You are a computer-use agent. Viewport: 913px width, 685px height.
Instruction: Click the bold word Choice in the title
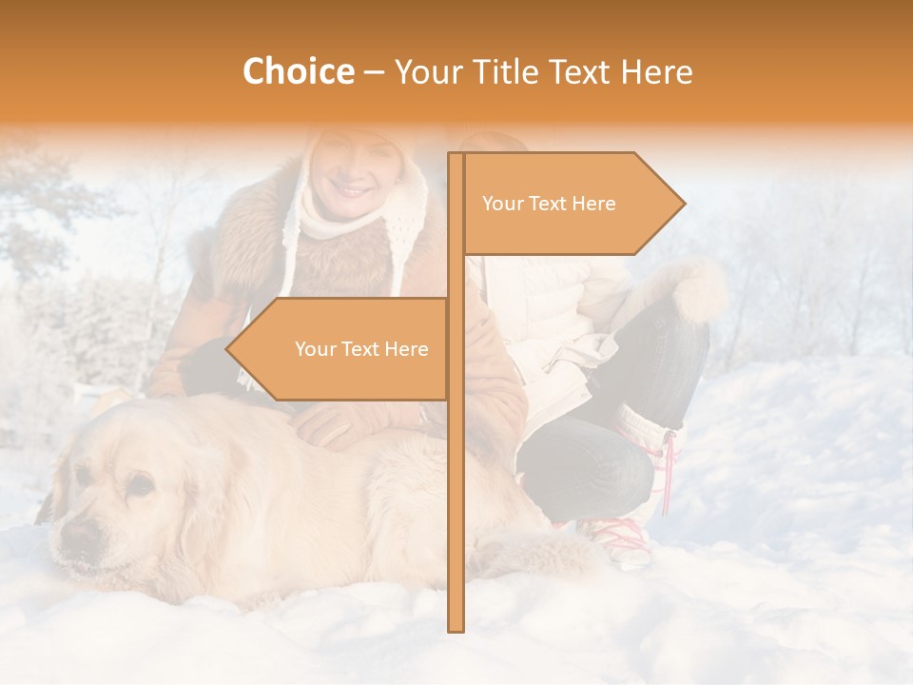point(298,72)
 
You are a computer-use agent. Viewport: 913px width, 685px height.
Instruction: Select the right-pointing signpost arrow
point(571,204)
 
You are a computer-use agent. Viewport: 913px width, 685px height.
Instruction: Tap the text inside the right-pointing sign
point(549,204)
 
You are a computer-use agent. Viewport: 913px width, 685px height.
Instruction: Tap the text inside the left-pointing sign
point(361,349)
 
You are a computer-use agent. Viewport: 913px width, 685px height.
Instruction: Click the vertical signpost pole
point(456,476)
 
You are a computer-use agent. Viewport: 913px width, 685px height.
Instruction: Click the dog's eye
point(140,485)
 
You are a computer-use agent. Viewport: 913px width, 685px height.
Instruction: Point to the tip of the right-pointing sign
point(682,203)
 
